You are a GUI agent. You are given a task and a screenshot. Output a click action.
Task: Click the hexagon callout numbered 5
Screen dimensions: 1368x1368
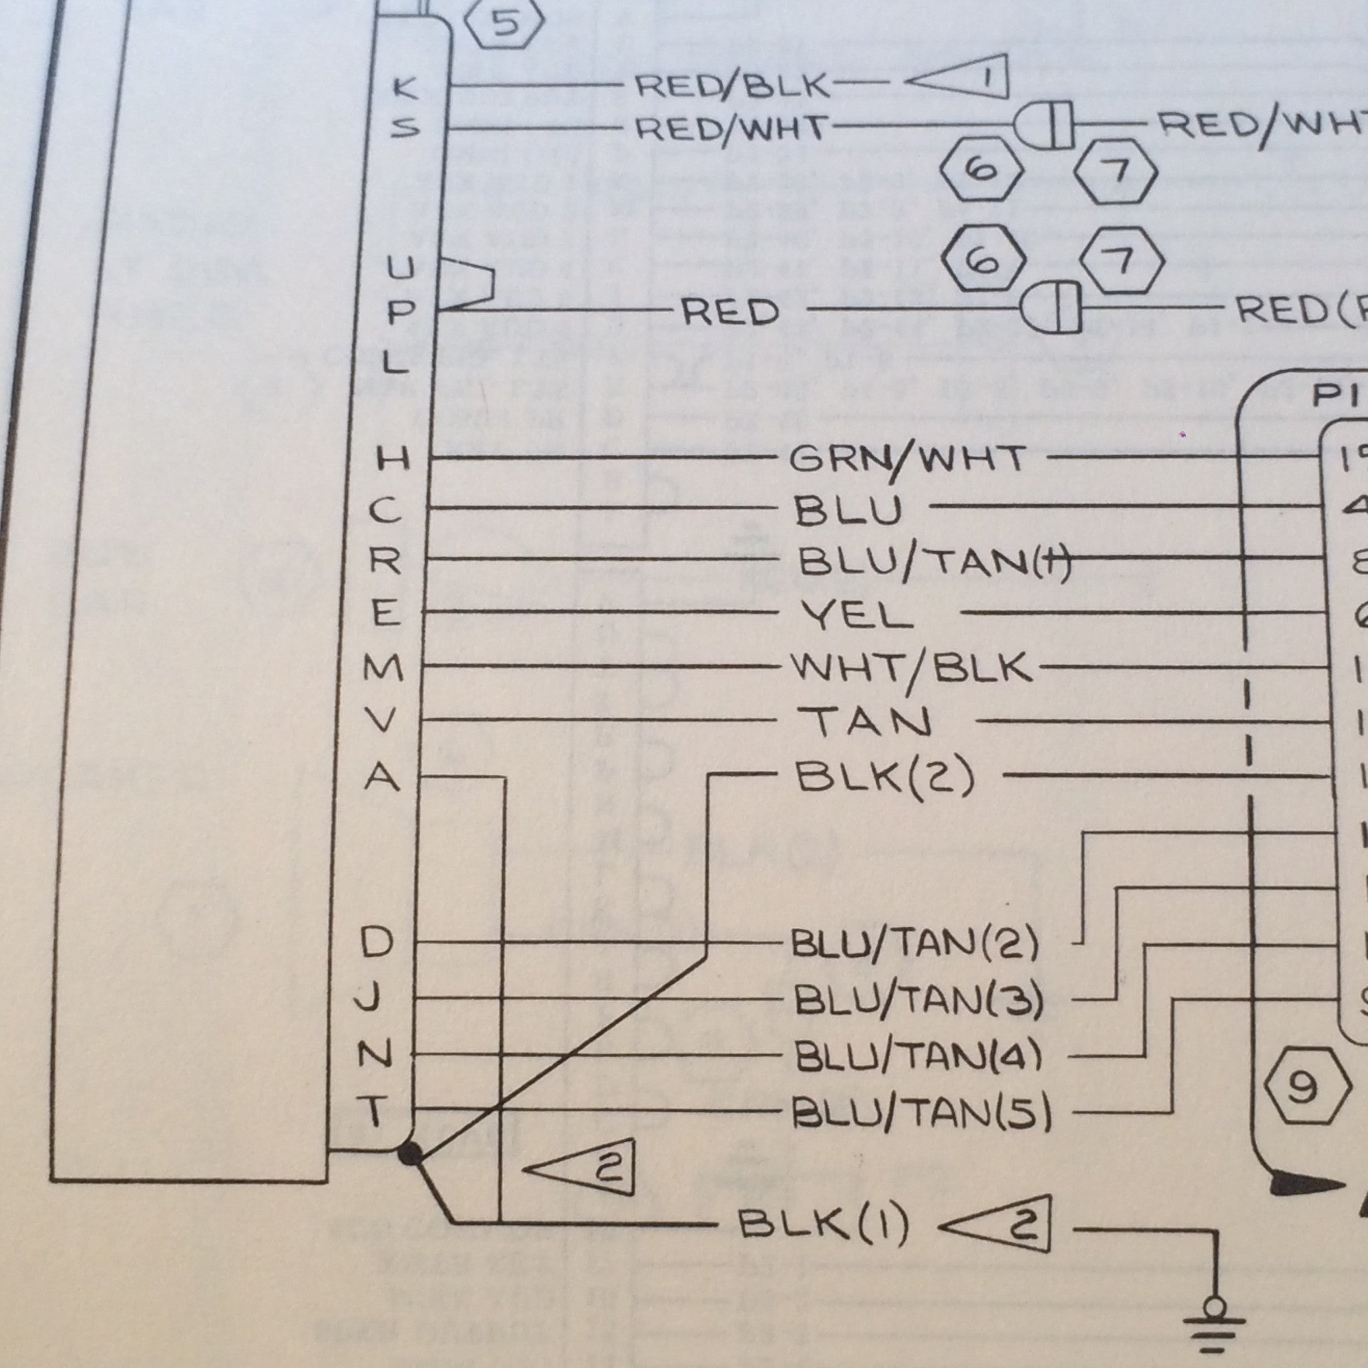tap(505, 23)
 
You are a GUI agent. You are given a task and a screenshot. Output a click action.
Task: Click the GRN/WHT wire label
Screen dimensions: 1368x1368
tap(907, 459)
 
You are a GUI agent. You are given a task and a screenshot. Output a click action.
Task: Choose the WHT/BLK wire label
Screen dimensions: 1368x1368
tap(911, 667)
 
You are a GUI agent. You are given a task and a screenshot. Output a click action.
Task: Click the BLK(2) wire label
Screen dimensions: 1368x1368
tap(886, 776)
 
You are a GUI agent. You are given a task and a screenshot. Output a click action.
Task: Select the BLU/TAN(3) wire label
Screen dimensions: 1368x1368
tap(918, 1000)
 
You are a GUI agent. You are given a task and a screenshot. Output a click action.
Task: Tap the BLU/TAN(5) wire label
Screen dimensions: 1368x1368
tap(921, 1112)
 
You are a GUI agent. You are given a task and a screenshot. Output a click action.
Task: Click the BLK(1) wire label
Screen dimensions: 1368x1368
tap(823, 1223)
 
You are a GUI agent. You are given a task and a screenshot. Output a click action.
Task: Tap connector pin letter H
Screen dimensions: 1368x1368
tap(391, 460)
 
